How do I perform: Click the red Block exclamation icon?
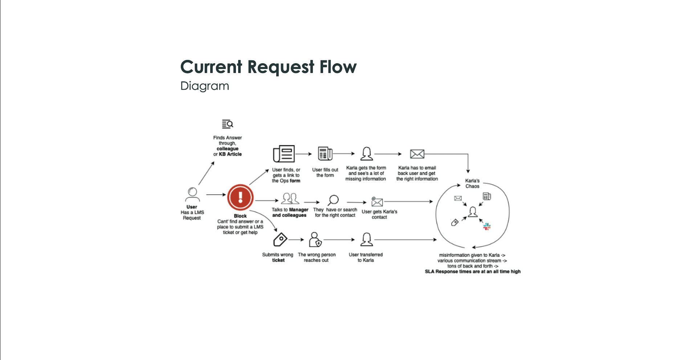click(240, 197)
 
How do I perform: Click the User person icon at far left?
click(192, 194)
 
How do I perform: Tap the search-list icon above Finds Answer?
click(228, 124)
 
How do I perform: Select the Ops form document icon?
click(284, 154)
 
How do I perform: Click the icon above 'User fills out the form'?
click(325, 154)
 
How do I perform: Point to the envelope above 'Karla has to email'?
click(417, 154)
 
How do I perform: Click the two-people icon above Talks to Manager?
click(290, 199)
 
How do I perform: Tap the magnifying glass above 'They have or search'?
click(333, 200)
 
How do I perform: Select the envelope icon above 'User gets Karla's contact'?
click(377, 202)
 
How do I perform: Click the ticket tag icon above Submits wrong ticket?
click(280, 240)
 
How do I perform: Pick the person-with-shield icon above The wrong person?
click(315, 239)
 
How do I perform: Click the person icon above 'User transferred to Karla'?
click(366, 239)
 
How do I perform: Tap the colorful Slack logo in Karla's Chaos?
click(487, 227)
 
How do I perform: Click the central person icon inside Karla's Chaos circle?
click(472, 212)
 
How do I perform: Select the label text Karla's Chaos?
click(472, 183)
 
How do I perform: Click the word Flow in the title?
click(338, 67)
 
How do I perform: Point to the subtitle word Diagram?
click(205, 86)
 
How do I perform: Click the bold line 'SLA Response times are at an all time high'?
click(473, 271)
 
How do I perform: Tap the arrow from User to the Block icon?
click(216, 195)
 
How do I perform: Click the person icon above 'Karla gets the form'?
click(366, 154)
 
